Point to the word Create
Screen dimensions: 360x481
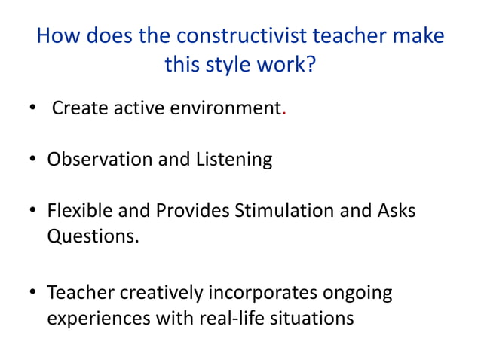pos(79,111)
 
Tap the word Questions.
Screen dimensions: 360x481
pos(92,236)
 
